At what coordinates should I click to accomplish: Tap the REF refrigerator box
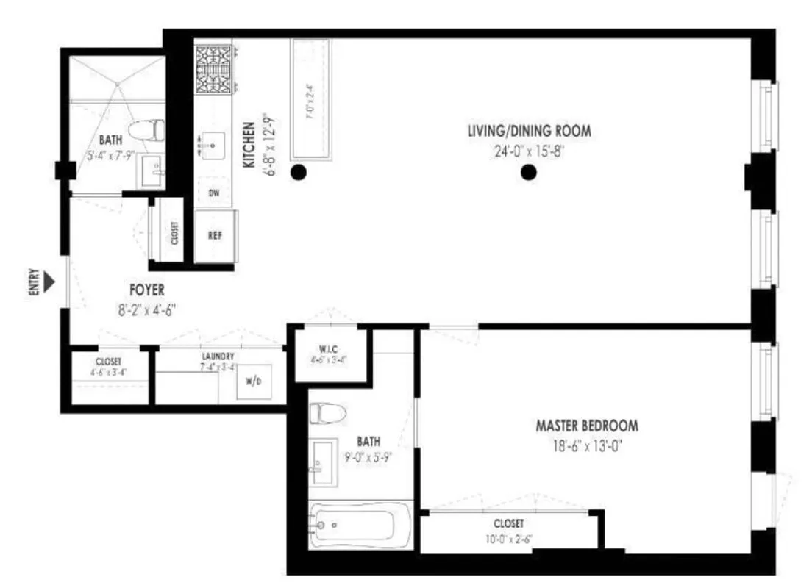216,236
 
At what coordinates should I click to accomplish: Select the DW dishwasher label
215,193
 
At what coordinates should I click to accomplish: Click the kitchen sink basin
213,146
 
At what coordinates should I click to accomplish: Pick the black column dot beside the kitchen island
298,173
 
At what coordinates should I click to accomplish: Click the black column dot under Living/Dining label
528,173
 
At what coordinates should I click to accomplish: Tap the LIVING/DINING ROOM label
529,132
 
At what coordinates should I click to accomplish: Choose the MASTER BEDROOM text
586,426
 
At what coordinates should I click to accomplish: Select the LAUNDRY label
218,356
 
